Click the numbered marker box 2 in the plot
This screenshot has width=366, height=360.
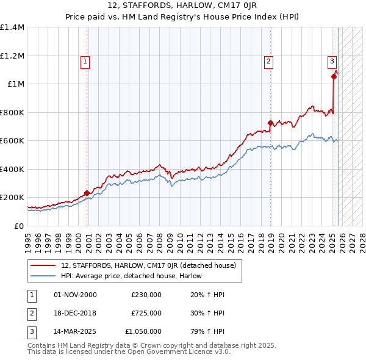[x=268, y=61]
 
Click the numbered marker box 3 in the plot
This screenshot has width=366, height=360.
[x=332, y=61]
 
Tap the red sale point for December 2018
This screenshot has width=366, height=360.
[x=270, y=123]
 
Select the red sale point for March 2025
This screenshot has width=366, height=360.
[x=334, y=76]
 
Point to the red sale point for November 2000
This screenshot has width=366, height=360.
[x=87, y=193]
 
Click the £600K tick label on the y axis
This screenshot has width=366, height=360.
[x=12, y=141]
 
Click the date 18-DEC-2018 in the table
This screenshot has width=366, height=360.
[x=75, y=313]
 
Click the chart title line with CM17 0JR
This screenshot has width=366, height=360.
[x=182, y=7]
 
